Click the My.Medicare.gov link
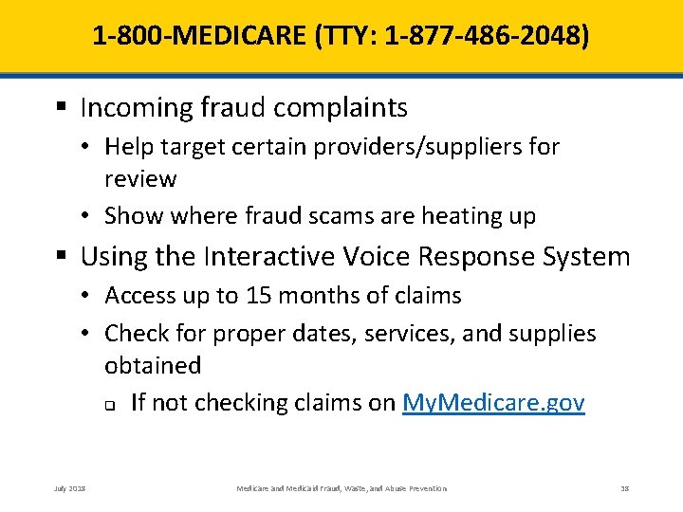pos(493,403)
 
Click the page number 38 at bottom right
pos(624,487)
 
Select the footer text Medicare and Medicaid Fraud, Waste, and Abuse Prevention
pos(341,487)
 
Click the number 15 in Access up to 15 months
pos(257,296)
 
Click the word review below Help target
pos(140,179)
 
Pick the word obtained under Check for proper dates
pos(153,365)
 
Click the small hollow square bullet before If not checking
pos(110,405)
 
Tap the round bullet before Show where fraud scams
pos(85,216)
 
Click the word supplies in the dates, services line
pos(553,333)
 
